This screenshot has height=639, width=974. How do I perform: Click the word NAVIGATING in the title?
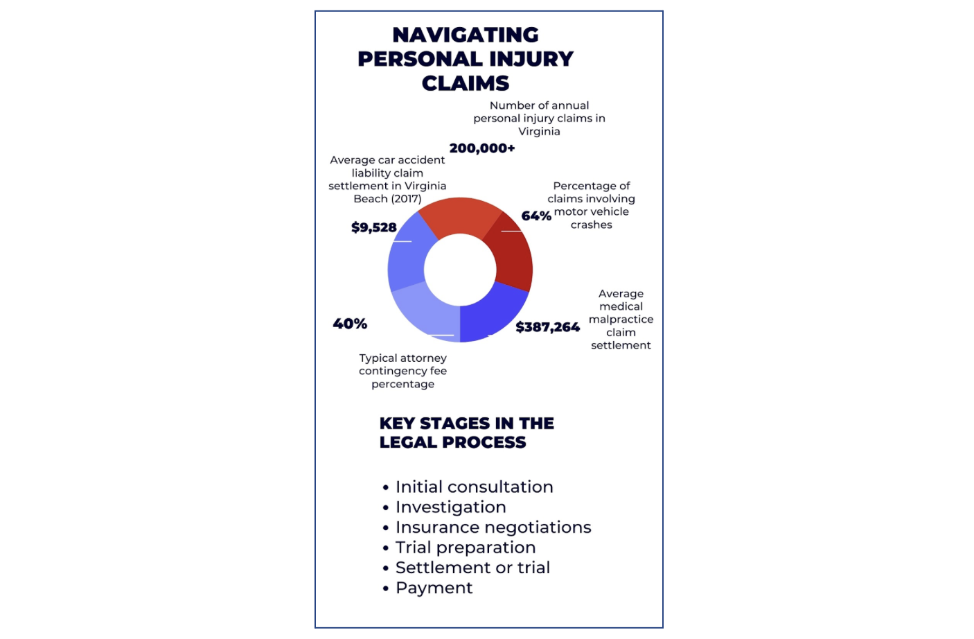[x=466, y=35]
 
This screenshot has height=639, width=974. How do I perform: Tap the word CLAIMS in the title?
[x=466, y=83]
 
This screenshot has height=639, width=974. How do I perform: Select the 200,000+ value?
[x=482, y=148]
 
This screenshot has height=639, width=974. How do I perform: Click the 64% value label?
[x=536, y=216]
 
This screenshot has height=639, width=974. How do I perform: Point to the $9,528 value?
[x=374, y=227]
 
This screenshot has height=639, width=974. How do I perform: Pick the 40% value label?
[x=350, y=324]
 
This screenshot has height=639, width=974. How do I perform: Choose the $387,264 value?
[x=547, y=327]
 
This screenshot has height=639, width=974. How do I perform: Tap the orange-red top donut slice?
[x=460, y=215]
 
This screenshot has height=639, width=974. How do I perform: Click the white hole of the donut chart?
[x=460, y=270]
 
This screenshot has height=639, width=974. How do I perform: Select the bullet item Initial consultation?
[x=474, y=487]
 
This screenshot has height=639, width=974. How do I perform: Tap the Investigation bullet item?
[x=450, y=507]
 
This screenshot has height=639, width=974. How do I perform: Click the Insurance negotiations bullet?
[x=493, y=527]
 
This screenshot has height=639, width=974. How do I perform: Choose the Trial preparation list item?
[x=466, y=548]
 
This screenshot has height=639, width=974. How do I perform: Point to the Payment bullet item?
[x=434, y=588]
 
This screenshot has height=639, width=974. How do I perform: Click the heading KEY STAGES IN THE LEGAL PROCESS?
[x=466, y=432]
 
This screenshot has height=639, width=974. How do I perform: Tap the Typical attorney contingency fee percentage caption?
[x=402, y=371]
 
